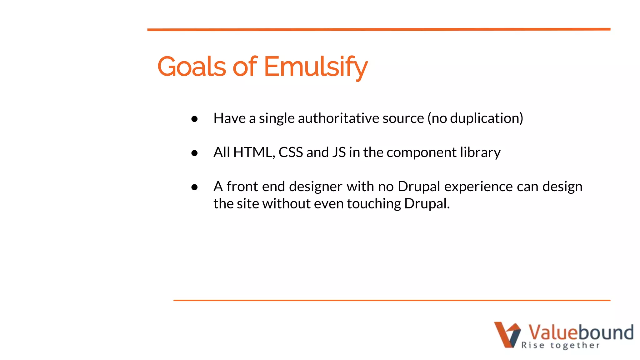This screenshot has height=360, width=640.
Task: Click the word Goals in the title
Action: tap(191, 67)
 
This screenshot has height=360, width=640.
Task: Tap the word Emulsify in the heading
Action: tap(316, 67)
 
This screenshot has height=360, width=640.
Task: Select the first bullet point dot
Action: tap(194, 119)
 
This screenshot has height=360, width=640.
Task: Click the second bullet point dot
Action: tap(194, 153)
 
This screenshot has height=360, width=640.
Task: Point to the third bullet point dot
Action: tap(194, 187)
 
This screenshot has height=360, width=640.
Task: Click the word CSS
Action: tap(291, 152)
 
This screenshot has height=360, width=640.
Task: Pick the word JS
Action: tap(339, 152)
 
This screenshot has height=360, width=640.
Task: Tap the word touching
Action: tap(374, 204)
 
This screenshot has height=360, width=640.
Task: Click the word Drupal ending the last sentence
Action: tap(427, 204)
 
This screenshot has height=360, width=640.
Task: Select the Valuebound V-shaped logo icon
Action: tap(507, 334)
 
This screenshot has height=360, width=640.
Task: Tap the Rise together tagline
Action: tap(560, 345)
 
